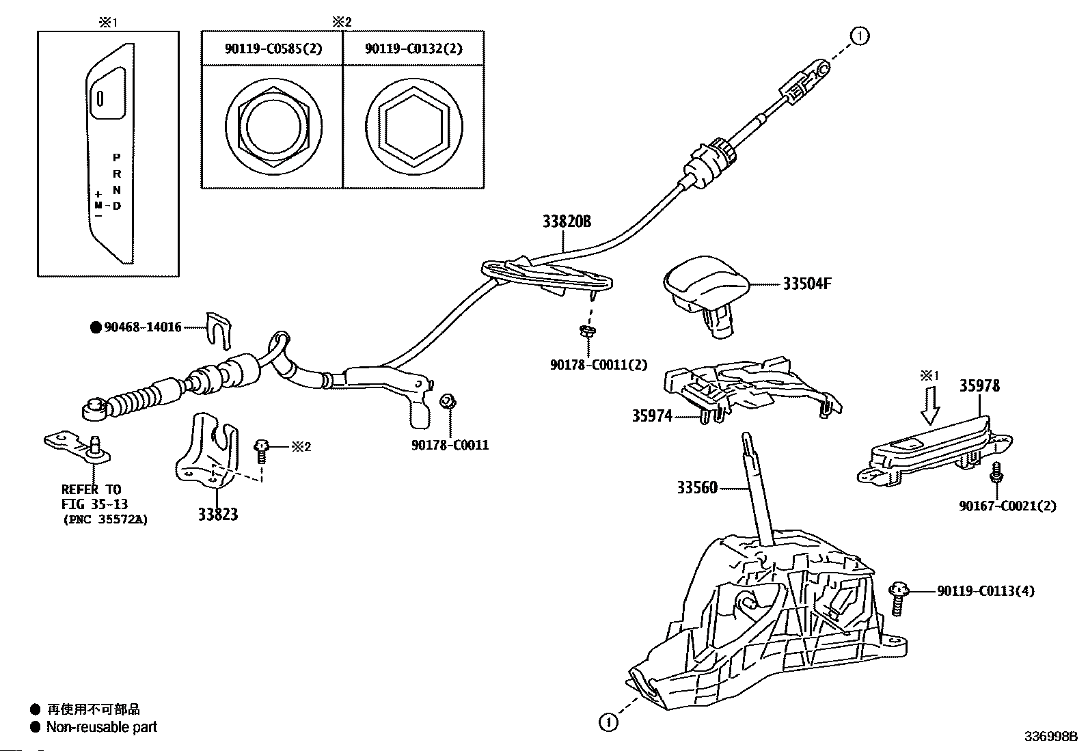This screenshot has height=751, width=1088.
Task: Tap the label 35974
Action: [x=651, y=415]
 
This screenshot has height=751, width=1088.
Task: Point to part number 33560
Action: [x=697, y=488]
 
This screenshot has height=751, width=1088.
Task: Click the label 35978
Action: [x=979, y=386]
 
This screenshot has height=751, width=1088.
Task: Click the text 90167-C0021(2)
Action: [x=1007, y=506]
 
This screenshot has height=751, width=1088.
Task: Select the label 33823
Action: [x=218, y=515]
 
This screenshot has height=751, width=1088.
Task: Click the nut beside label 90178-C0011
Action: [x=447, y=401]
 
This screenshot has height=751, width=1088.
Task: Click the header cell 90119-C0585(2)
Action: [x=273, y=49]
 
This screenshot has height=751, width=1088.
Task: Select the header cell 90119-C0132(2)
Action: [x=413, y=49]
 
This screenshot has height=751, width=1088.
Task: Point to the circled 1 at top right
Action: [x=860, y=36]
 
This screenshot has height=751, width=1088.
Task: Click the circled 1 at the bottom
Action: [x=608, y=722]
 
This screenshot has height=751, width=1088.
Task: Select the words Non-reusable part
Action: [x=101, y=727]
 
